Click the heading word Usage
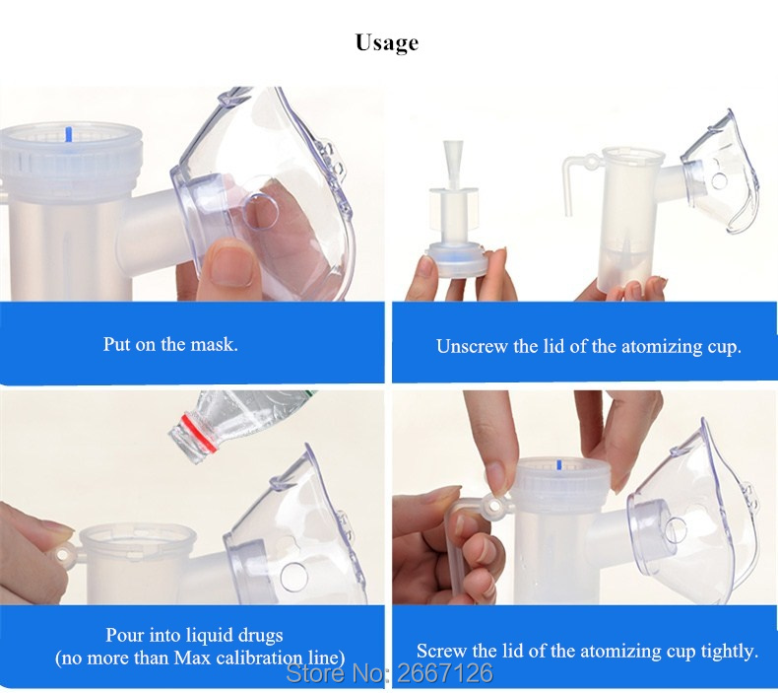click(x=387, y=42)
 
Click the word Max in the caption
click(x=193, y=658)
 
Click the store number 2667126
click(x=445, y=673)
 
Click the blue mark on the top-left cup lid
click(x=70, y=134)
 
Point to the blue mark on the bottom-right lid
click(x=559, y=465)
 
